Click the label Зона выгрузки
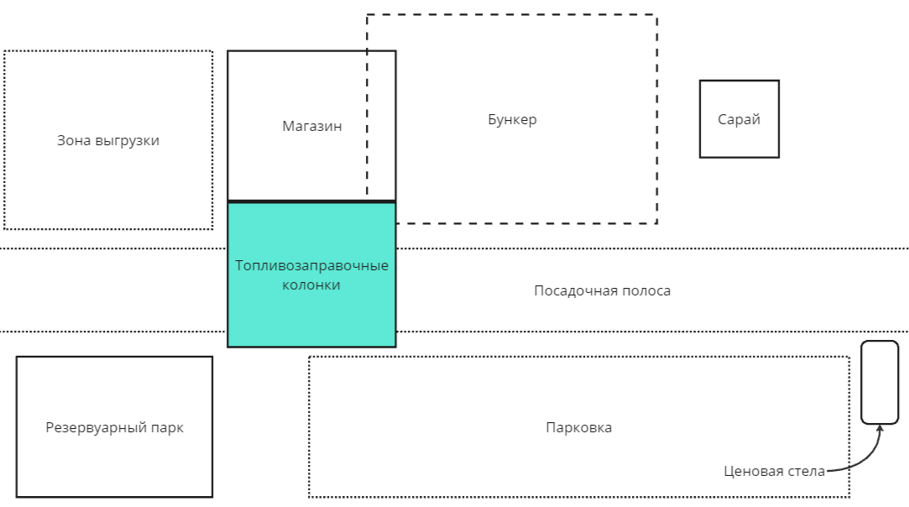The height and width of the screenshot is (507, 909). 108,141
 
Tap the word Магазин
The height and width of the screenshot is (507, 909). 312,126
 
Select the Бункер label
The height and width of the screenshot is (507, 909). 512,119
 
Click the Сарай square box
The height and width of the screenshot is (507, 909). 739,119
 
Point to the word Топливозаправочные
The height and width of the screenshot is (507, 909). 311,266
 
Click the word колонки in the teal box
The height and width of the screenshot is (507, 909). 311,285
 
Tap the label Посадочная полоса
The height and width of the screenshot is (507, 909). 602,291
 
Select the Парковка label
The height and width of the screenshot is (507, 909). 578,427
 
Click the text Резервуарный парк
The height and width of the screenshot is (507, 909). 114,427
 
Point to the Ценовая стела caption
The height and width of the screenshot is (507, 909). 774,471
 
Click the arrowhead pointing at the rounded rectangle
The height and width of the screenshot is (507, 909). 879,428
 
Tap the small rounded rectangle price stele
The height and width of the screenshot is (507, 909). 880,382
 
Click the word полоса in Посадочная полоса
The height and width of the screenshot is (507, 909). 646,291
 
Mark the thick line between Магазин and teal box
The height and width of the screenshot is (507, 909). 311,201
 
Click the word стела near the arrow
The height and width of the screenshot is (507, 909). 807,471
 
